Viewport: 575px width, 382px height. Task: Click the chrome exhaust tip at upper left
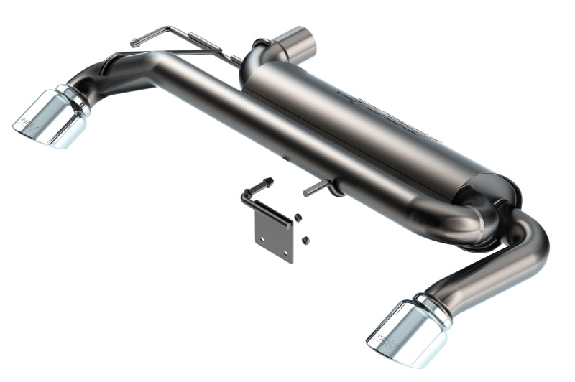50,118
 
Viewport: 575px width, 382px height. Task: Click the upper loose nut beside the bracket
298,217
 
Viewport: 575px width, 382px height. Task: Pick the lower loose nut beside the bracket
305,239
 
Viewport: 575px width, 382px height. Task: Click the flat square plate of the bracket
274,237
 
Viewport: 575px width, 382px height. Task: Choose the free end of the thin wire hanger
134,44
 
